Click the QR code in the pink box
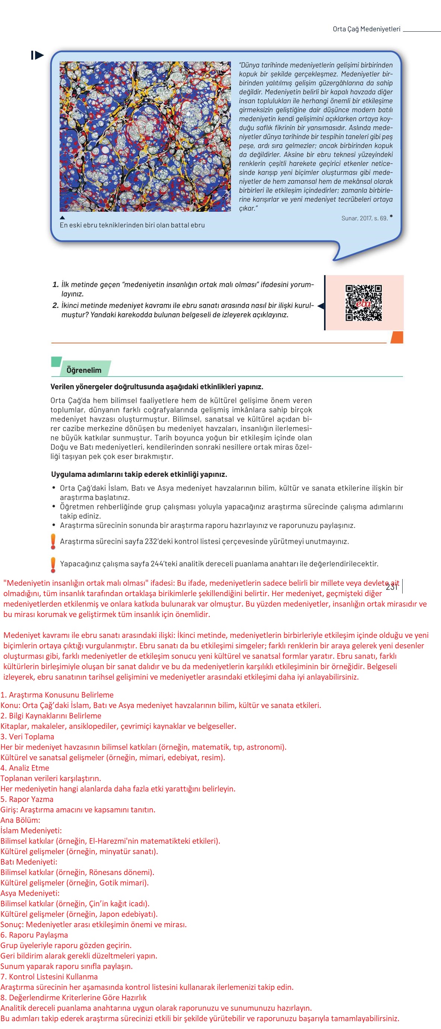(363, 303)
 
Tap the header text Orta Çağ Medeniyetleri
(366, 29)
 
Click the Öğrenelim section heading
(84, 370)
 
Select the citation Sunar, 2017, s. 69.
(364, 218)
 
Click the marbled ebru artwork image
(145, 136)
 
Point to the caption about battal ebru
(132, 225)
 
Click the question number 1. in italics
(55, 285)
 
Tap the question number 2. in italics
(55, 306)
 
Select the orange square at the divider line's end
(397, 337)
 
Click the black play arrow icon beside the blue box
(38, 55)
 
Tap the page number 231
(391, 587)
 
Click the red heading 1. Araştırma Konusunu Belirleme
(57, 695)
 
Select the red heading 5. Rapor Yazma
(27, 799)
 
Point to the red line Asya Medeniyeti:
(30, 893)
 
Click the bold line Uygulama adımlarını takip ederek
(139, 474)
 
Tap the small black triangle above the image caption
(62, 218)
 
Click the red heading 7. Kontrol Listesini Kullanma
(49, 976)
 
